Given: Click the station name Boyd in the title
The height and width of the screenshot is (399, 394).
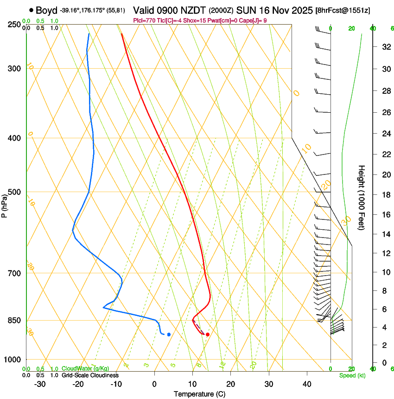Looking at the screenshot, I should point(46,10).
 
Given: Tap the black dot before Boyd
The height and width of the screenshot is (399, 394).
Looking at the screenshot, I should point(31,10).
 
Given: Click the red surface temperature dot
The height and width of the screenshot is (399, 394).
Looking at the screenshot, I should point(208,334).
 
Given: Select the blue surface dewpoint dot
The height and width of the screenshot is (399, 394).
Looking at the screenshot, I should point(169,334).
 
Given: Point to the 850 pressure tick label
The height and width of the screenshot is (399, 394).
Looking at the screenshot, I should point(14,320).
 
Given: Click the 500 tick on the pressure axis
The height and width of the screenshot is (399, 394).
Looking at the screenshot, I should point(14,192).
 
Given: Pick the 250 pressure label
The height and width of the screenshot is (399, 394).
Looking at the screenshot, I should point(14,24).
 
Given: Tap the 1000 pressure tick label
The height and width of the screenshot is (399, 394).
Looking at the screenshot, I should point(12,360).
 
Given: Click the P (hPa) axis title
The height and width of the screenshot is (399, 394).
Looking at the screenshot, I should point(5,203).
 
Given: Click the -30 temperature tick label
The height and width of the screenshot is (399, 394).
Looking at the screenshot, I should point(40,384).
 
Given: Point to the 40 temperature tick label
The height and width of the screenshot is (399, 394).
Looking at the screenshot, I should point(307,384).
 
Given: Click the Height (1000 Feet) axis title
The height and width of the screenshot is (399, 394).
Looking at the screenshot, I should point(362,197).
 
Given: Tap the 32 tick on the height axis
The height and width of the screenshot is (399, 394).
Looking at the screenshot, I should point(385,46).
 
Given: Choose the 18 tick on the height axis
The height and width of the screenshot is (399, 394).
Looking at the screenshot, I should point(385,194).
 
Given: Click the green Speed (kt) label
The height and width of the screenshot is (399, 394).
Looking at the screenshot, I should point(352,375).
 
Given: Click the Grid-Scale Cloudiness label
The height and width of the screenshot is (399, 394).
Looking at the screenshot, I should point(90,375).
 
